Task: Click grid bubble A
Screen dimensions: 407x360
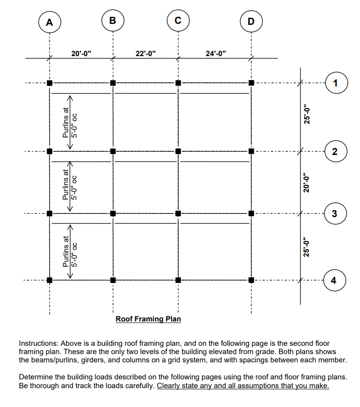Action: click(49, 22)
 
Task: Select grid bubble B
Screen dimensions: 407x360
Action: click(113, 21)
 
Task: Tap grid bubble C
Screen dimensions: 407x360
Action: click(178, 21)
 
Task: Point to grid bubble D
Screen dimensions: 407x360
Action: click(251, 21)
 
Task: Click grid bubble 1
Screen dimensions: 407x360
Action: click(336, 83)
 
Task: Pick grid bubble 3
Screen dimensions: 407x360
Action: click(335, 213)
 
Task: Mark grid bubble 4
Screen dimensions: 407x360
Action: click(334, 280)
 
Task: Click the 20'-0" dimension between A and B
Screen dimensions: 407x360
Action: click(81, 53)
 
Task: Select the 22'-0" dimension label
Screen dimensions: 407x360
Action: click(146, 53)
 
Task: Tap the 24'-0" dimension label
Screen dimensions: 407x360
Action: click(215, 53)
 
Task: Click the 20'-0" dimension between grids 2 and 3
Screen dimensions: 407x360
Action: click(308, 182)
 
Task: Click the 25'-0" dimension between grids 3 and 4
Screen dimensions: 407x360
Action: click(308, 246)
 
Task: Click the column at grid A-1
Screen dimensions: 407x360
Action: click(49, 83)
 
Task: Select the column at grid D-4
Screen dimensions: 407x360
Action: click(251, 280)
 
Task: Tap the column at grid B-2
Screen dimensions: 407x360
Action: click(113, 151)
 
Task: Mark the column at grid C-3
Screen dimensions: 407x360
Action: click(178, 213)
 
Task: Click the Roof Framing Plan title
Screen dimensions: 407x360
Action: click(148, 319)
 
